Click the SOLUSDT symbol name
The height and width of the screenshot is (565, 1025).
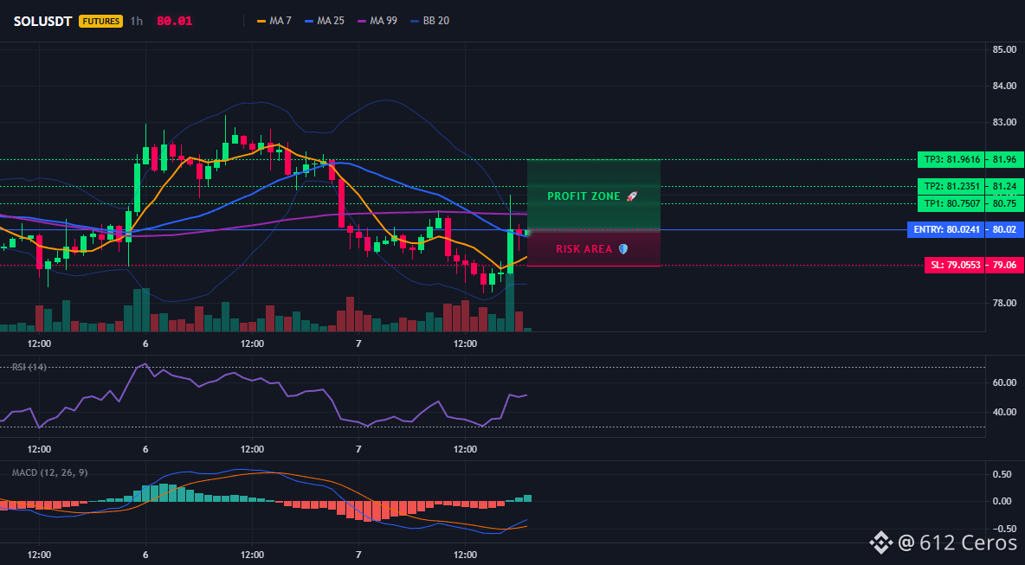pos(43,21)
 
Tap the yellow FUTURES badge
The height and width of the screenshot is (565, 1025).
pos(100,21)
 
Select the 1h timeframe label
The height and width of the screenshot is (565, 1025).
pos(136,21)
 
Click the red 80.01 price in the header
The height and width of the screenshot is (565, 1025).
pos(175,21)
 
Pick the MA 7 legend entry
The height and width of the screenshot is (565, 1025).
pos(274,21)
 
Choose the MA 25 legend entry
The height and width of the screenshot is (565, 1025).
pos(325,21)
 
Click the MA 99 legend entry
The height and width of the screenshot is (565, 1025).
pos(377,21)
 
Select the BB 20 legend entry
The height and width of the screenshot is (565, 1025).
pos(429,21)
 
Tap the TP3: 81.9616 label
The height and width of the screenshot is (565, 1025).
pos(951,159)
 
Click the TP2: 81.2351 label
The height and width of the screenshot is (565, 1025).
pos(951,186)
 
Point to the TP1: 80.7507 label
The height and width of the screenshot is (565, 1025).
pos(951,204)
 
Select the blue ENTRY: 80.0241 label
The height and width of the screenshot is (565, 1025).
pos(946,230)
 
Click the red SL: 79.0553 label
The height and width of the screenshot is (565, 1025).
pos(954,266)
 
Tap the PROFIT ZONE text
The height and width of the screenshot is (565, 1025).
pos(583,196)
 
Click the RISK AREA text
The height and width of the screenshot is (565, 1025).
pos(584,249)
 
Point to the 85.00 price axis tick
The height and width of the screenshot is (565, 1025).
pos(1003,49)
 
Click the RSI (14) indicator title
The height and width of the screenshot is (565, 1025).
pos(29,367)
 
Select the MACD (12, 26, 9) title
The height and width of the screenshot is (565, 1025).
pos(50,472)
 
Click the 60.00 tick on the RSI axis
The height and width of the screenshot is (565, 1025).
pos(1003,382)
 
